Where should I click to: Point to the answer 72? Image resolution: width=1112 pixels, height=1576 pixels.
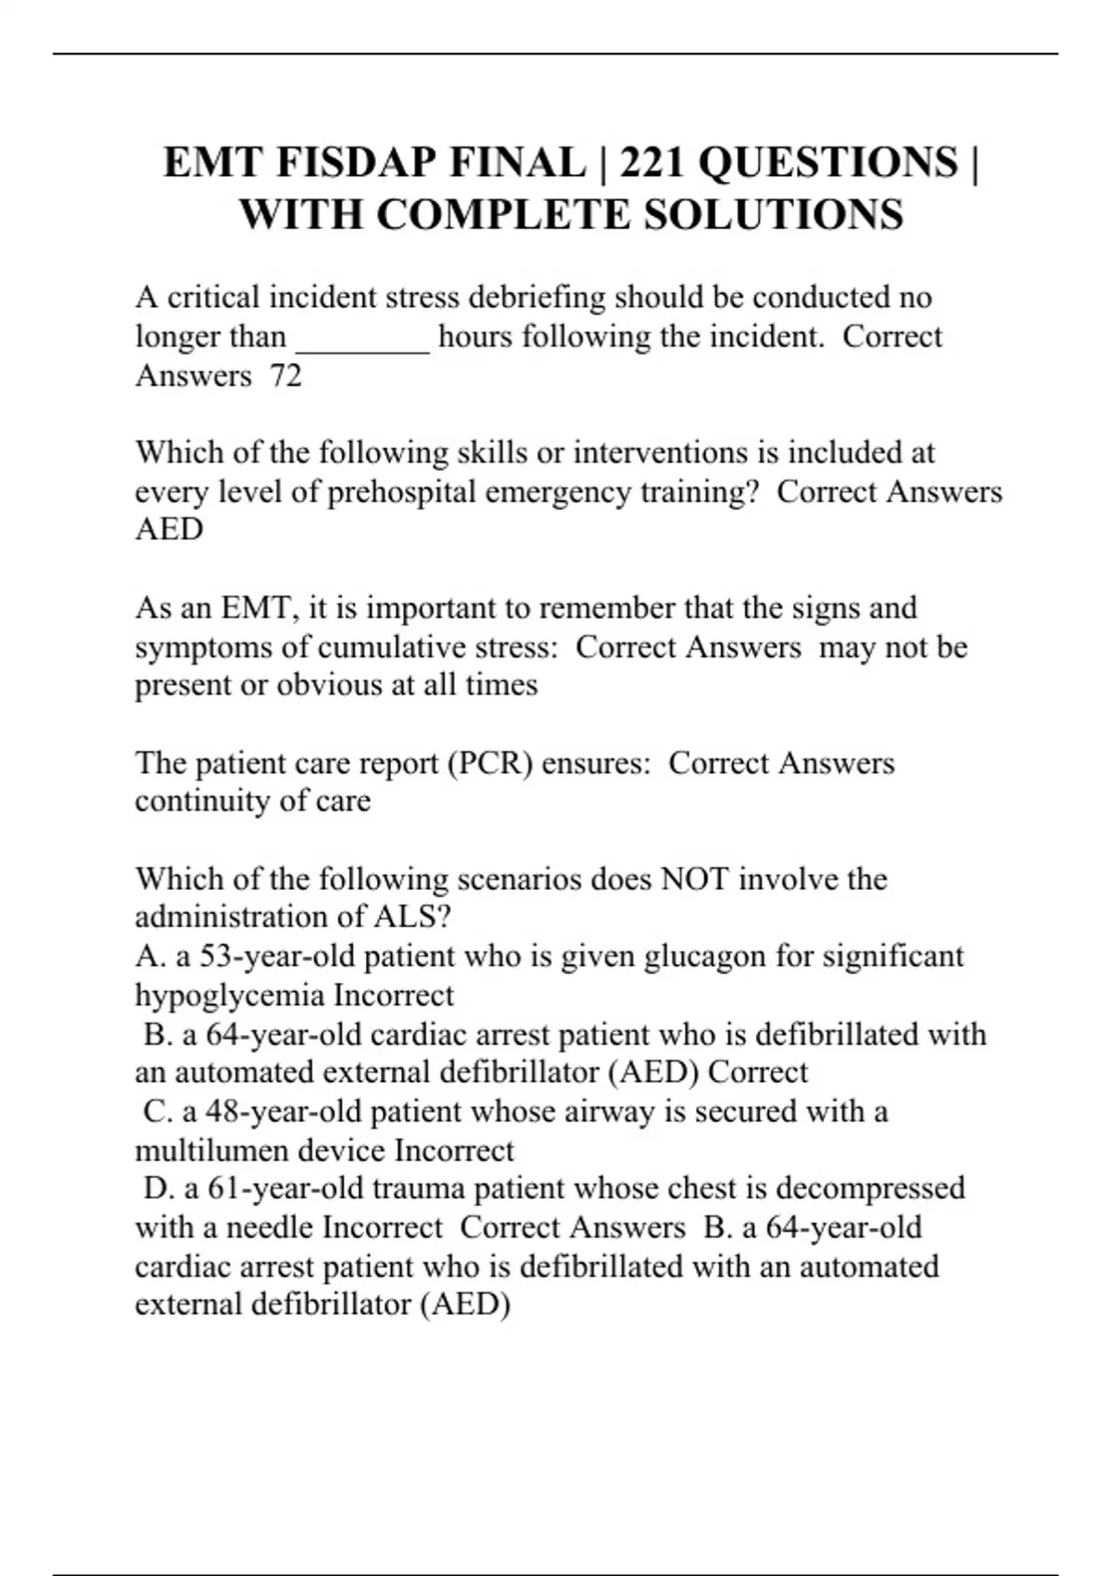coord(285,375)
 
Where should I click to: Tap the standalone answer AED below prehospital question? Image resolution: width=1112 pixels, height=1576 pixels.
coord(169,529)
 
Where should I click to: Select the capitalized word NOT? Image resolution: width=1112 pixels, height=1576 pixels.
coord(694,879)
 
